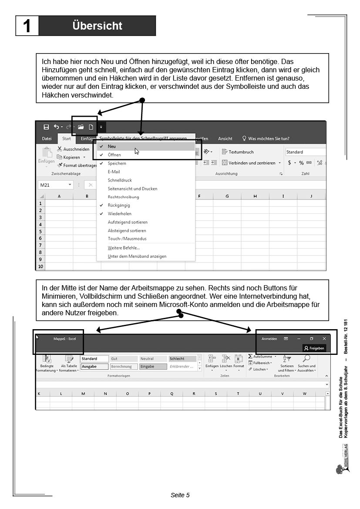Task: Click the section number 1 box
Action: (27, 26)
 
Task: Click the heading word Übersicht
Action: (98, 26)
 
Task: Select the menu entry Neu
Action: (112, 147)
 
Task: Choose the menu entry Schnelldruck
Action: (120, 180)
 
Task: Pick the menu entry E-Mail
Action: (114, 172)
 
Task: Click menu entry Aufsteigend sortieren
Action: (127, 222)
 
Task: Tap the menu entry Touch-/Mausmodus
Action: (127, 239)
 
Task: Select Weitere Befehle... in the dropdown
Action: (124, 248)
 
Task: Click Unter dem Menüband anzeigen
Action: (137, 256)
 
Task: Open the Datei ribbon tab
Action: (47, 139)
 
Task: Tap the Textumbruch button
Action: (238, 152)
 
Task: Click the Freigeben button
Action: (314, 348)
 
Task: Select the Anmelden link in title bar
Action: (269, 339)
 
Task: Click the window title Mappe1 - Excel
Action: (64, 339)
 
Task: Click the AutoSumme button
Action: (262, 357)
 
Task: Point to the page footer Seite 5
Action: (180, 495)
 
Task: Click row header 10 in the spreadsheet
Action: (41, 266)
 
